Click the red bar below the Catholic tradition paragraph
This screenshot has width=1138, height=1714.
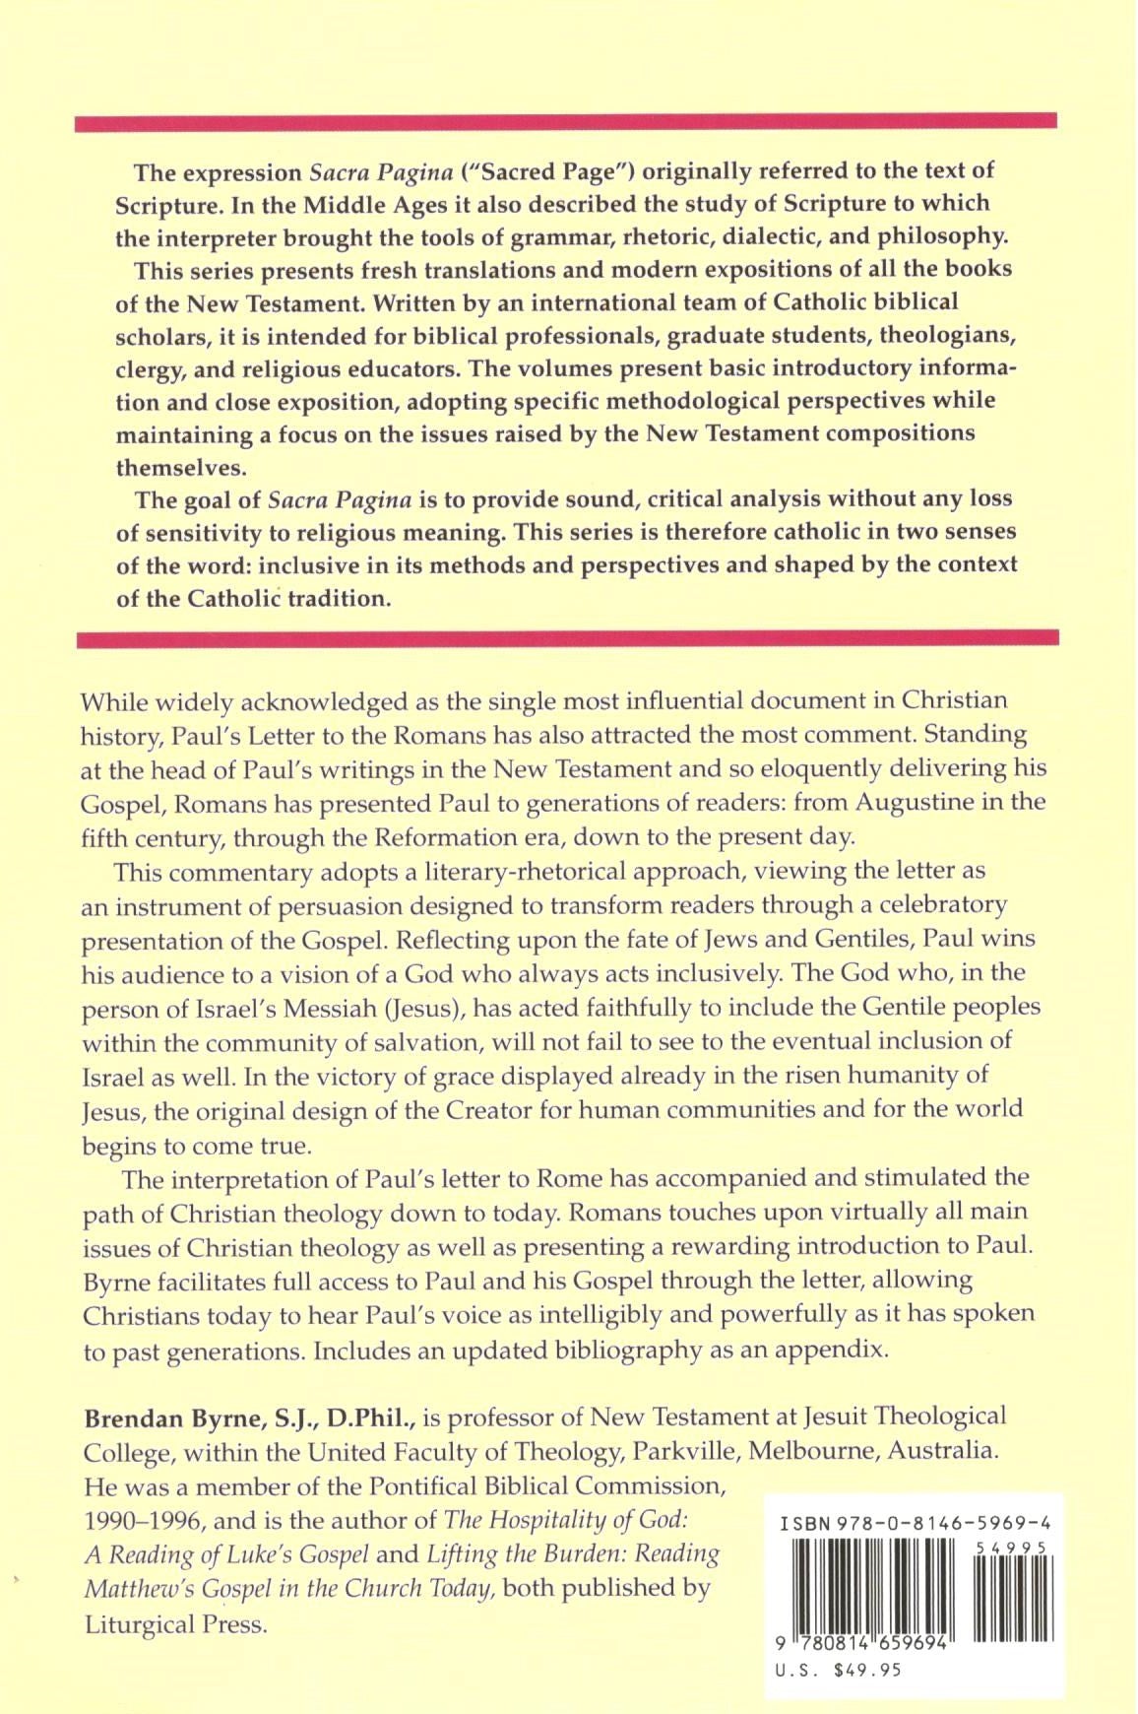pos(567,639)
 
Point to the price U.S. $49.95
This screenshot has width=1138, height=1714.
pos(839,1670)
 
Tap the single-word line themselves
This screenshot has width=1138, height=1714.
pos(181,467)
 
